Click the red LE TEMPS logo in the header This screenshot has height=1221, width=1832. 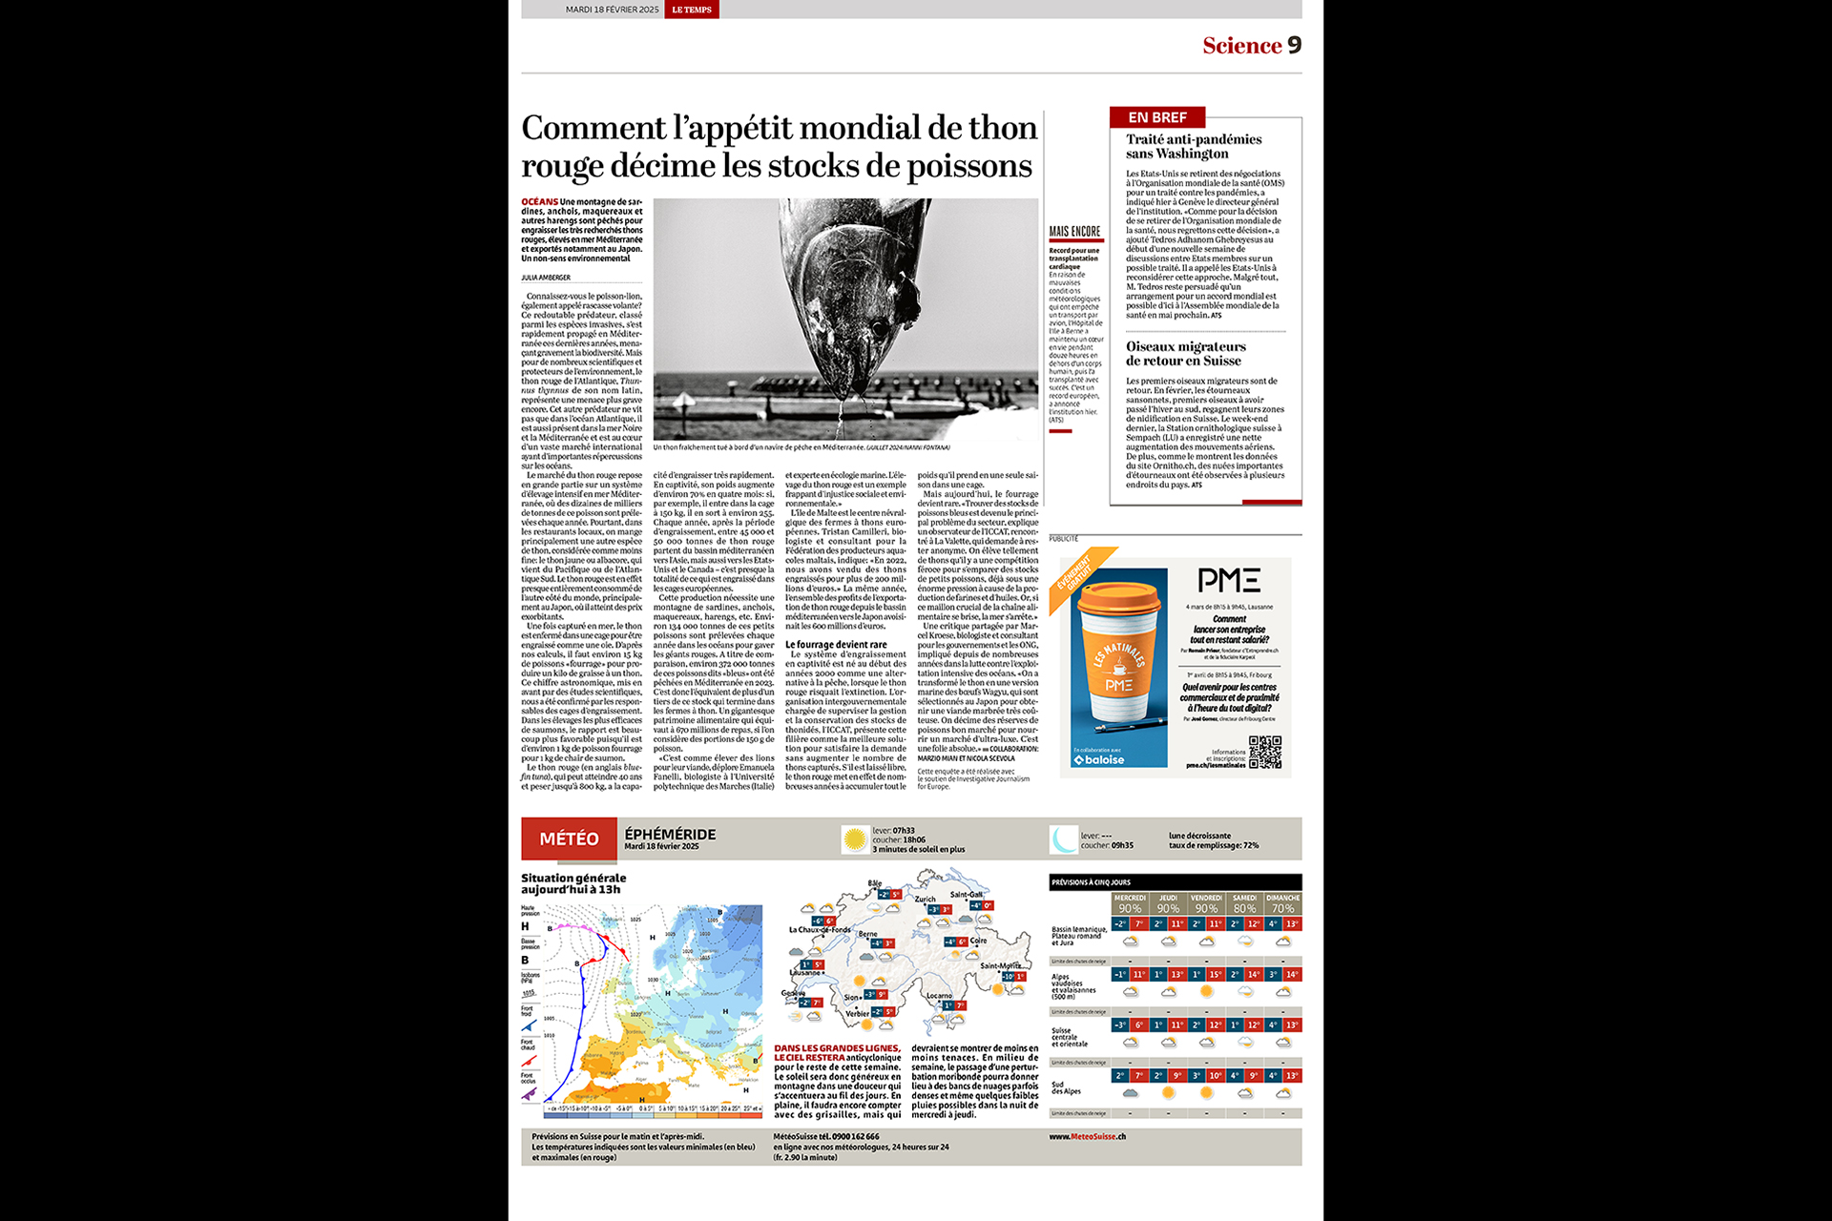point(692,10)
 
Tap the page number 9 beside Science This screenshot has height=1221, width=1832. point(1294,45)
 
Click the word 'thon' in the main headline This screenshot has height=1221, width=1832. point(1002,128)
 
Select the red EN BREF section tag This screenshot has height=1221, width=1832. point(1157,117)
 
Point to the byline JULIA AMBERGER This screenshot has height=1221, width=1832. point(546,278)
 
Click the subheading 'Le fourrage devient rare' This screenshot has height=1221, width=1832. point(836,645)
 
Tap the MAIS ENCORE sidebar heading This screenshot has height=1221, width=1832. point(1074,232)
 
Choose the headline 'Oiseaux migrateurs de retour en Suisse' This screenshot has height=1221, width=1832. point(1185,353)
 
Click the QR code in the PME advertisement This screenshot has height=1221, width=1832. point(1265,752)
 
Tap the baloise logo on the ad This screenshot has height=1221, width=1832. point(1099,760)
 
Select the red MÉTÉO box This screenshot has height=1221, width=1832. point(569,838)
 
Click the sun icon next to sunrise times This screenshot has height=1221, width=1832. point(855,839)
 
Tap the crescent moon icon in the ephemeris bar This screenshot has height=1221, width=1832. point(1063,839)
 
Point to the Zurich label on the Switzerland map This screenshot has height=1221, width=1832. point(926,899)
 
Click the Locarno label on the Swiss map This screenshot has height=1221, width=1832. point(939,996)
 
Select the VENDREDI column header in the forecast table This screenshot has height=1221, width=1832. point(1206,898)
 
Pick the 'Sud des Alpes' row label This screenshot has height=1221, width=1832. point(1066,1087)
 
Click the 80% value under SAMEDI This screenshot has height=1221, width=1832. point(1244,909)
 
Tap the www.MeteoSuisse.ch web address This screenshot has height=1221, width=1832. point(1087,1136)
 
